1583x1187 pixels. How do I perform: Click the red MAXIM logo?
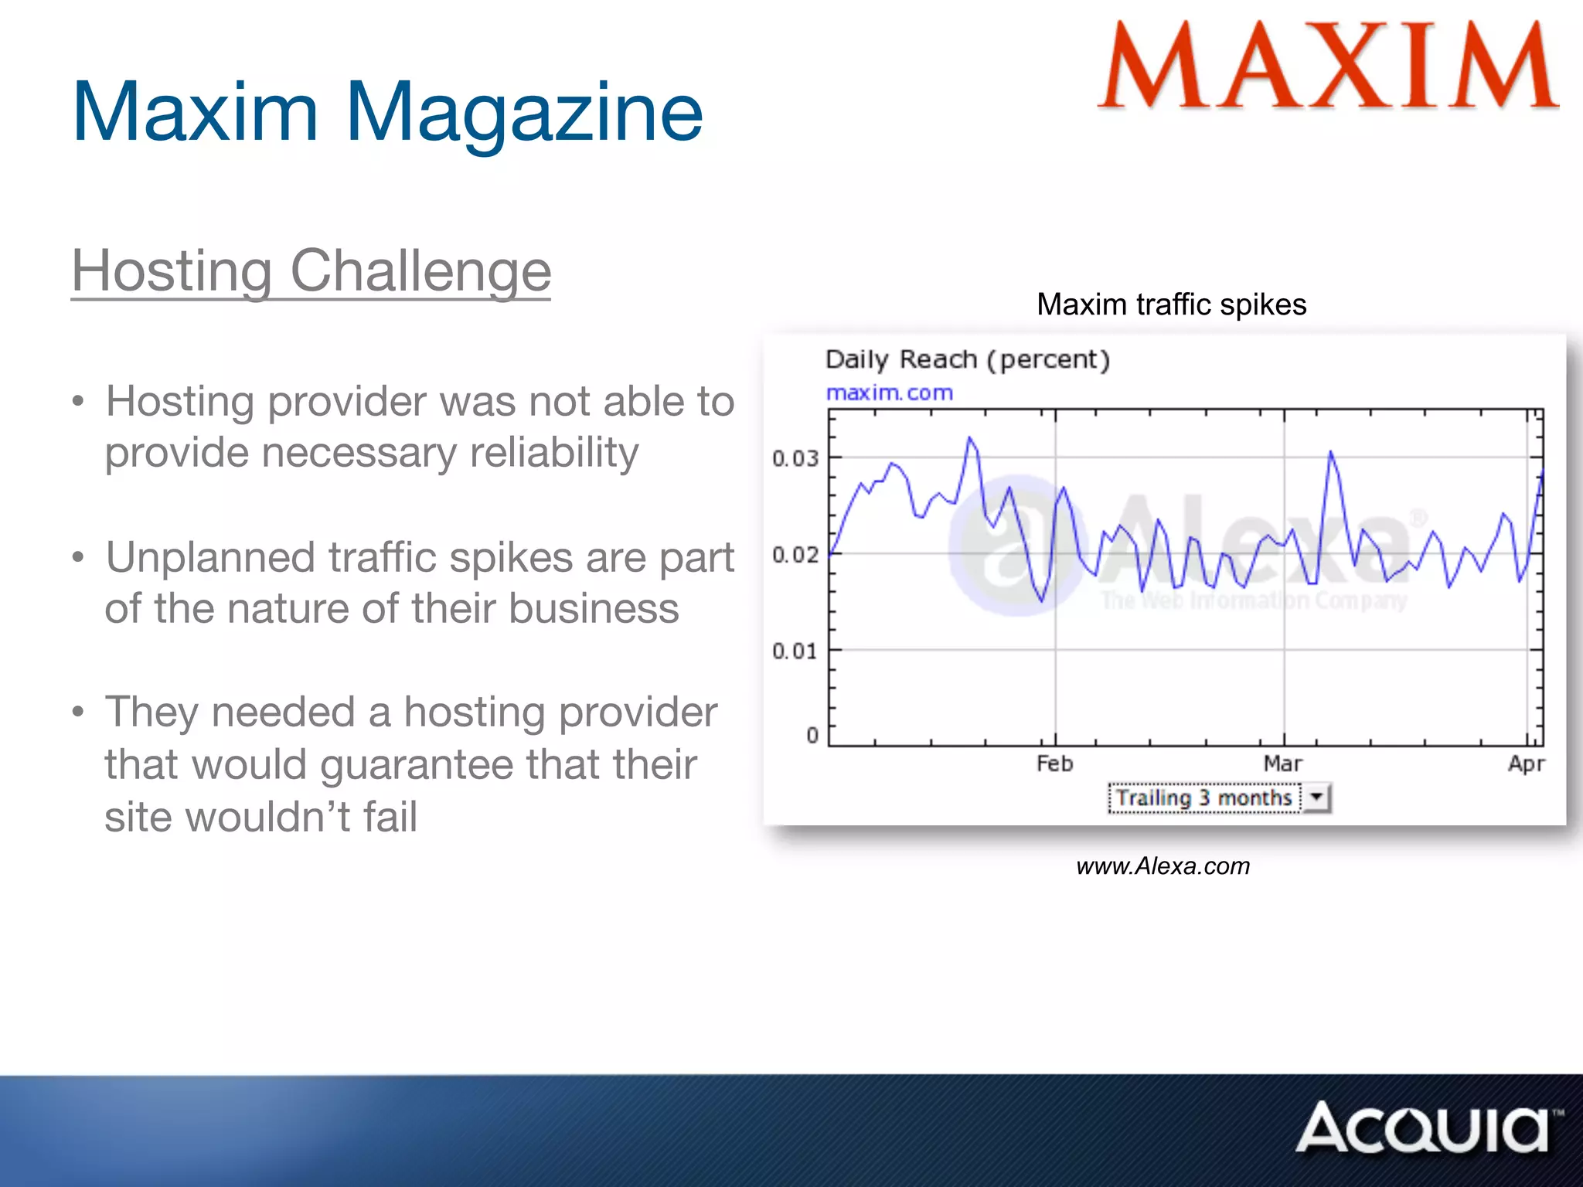(x=1328, y=66)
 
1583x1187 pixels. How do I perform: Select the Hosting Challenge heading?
(x=311, y=271)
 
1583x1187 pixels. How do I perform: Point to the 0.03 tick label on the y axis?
(x=795, y=458)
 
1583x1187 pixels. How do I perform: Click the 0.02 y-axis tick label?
(x=795, y=555)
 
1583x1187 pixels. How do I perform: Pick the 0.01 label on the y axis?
(x=795, y=651)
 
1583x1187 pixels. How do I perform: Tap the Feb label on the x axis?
(x=1054, y=764)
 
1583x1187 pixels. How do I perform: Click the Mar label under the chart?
(x=1282, y=764)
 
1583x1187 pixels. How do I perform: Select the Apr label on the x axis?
(x=1526, y=764)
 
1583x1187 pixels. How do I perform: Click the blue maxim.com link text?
(x=889, y=393)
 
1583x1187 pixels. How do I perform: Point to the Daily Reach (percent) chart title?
(x=967, y=360)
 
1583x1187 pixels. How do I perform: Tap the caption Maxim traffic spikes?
(x=1171, y=304)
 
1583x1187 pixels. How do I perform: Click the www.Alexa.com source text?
(x=1163, y=866)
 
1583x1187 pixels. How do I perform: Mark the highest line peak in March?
(x=1330, y=452)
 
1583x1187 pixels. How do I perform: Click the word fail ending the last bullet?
(x=390, y=817)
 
